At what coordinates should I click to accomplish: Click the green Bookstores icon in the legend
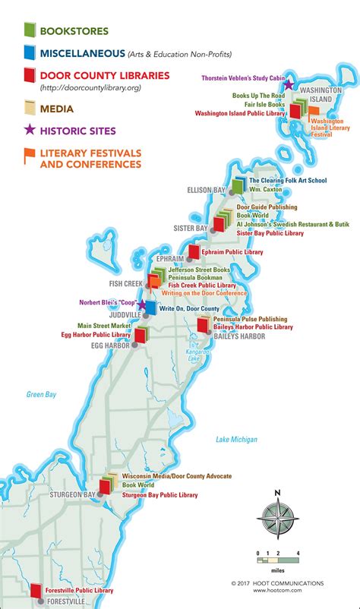pos(28,30)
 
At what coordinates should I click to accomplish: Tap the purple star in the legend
pos(28,128)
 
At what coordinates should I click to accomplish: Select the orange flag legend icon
pos(28,157)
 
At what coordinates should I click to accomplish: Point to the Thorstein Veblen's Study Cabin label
pos(242,78)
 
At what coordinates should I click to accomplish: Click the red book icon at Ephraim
pos(194,251)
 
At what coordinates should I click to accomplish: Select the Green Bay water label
pos(36,394)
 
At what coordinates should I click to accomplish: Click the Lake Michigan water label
pos(236,439)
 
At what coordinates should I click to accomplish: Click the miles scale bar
pos(278,560)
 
